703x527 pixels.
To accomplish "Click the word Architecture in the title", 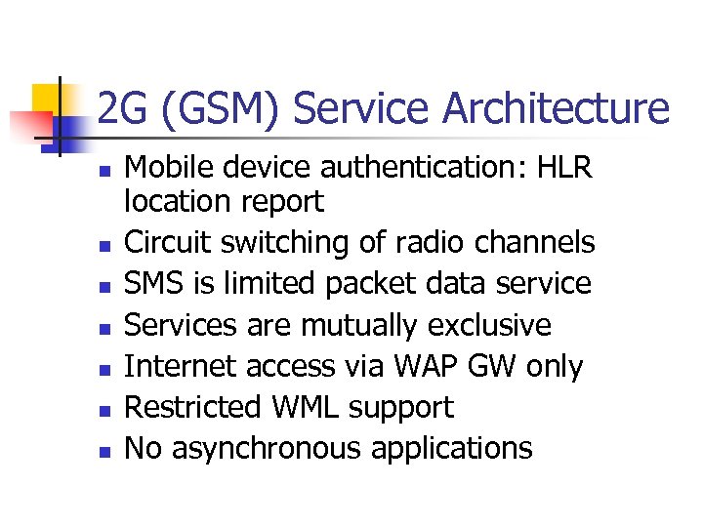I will coord(557,109).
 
